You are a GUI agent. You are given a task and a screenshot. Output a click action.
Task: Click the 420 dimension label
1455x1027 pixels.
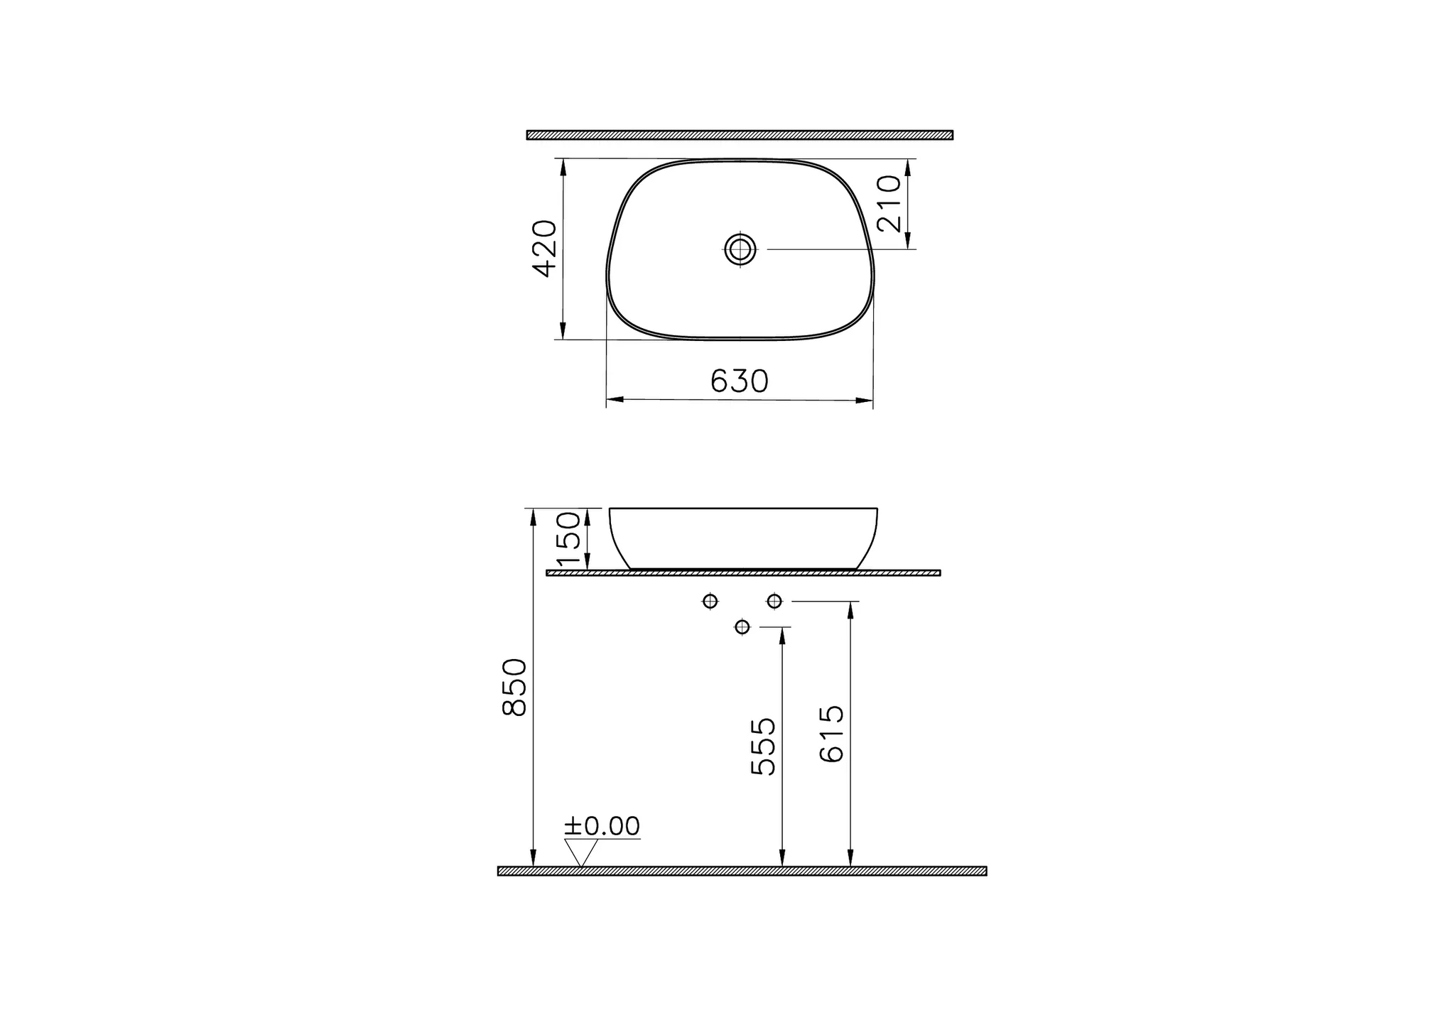(x=545, y=249)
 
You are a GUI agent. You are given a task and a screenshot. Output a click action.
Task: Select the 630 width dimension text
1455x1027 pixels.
(x=740, y=381)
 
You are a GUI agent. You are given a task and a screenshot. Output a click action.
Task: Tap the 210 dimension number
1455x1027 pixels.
(x=889, y=204)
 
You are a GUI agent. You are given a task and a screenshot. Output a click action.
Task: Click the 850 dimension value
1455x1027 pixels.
(x=514, y=687)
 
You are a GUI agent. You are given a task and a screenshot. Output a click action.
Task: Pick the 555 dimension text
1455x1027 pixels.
(x=764, y=746)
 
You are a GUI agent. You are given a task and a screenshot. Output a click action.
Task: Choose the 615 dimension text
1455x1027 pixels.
(x=831, y=734)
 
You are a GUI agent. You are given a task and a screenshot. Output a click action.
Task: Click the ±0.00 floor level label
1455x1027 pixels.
(x=602, y=826)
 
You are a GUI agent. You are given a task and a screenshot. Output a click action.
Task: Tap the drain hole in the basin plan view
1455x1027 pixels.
(x=740, y=249)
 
